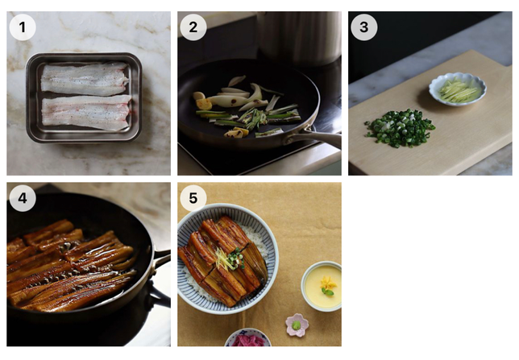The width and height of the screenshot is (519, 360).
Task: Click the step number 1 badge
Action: click(x=23, y=27)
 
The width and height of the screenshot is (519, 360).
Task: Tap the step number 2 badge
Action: click(x=193, y=27)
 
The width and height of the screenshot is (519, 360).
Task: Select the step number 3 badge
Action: click(x=364, y=27)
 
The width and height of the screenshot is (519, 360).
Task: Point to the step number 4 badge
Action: click(x=23, y=198)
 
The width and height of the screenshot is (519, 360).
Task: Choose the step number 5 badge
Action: click(x=193, y=198)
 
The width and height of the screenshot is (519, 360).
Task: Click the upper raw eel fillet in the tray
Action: click(x=85, y=79)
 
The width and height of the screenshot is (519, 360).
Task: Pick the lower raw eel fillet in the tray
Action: click(x=86, y=112)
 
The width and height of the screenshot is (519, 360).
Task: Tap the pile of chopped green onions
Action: click(x=400, y=128)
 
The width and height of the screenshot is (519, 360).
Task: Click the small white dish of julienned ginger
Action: click(x=458, y=89)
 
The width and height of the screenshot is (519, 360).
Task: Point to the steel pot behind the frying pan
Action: click(x=299, y=37)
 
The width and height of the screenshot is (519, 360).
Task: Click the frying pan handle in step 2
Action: click(x=317, y=137)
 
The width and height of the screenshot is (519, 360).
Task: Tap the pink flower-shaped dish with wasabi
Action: click(x=297, y=325)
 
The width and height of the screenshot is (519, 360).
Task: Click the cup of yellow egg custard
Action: click(x=322, y=286)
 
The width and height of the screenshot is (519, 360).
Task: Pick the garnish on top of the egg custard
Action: click(x=328, y=286)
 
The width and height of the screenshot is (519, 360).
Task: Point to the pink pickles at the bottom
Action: click(x=248, y=341)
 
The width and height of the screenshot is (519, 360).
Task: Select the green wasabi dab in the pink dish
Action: click(x=297, y=325)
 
